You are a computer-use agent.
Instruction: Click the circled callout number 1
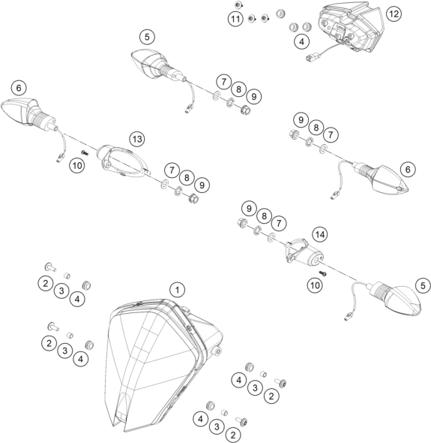point(177,290)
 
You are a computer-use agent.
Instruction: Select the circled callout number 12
point(394,14)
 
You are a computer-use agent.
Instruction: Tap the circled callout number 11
point(235,19)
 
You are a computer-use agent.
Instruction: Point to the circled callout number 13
point(137,139)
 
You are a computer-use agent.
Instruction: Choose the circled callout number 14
point(319,234)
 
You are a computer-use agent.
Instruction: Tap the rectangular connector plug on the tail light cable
point(310,58)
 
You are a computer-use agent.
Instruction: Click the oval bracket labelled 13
point(123,161)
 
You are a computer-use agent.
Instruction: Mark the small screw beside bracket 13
point(85,153)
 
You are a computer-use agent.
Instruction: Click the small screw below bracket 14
point(323,273)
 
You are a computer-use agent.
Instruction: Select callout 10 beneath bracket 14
point(315,285)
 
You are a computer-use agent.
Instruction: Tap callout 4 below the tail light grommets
point(302,41)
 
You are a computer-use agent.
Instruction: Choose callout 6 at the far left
point(19,88)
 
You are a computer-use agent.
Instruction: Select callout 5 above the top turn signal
point(147,37)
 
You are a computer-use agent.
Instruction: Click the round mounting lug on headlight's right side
point(218,351)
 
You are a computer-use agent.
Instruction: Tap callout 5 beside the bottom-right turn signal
point(423,285)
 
